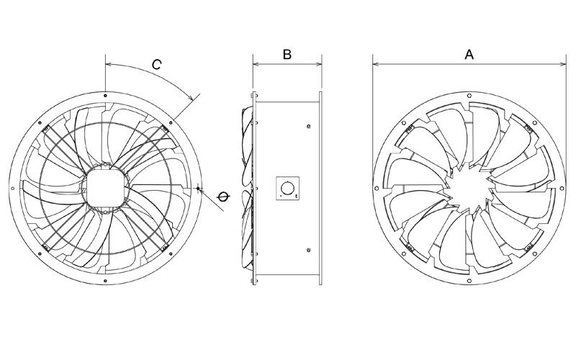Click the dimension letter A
(x=469, y=54)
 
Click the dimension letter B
(x=286, y=54)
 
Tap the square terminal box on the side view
(x=286, y=189)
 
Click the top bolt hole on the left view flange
(x=105, y=95)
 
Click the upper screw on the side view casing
(x=308, y=127)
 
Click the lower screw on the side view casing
(x=308, y=251)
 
